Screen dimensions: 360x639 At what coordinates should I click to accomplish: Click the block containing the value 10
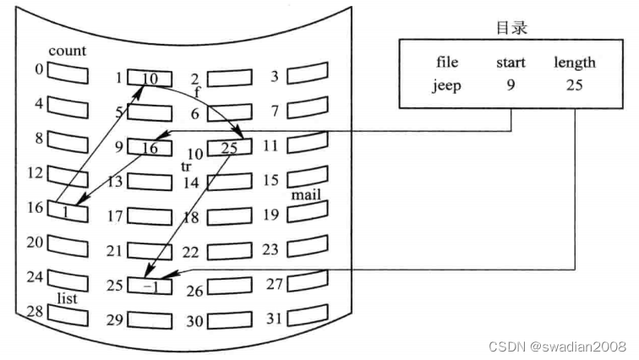[150, 79]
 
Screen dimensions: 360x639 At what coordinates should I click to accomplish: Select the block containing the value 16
[150, 149]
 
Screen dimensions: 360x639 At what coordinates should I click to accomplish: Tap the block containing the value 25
[229, 148]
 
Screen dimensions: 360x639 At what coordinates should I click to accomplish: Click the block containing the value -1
[150, 286]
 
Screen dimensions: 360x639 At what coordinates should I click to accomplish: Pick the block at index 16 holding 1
[67, 210]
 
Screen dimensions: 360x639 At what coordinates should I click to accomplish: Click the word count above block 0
[67, 51]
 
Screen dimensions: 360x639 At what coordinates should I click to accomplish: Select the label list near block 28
[68, 298]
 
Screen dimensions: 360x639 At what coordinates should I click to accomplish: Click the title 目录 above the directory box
[511, 28]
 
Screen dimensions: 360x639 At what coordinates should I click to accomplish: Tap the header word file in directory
[448, 63]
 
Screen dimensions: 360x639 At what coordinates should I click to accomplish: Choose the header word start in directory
[511, 63]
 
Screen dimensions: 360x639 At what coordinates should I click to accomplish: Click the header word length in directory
[575, 63]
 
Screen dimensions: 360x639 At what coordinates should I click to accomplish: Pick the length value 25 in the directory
[575, 85]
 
